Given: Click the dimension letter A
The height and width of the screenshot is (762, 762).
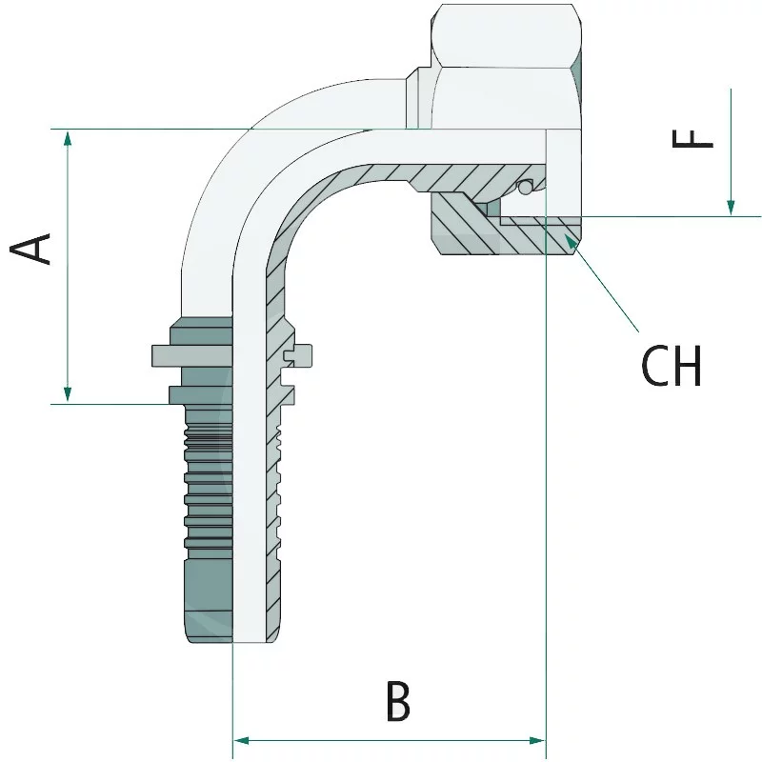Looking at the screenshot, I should click(x=31, y=249).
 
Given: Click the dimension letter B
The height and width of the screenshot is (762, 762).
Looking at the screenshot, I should click(x=399, y=702).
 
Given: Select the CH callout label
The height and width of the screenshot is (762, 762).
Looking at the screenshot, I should click(x=672, y=365).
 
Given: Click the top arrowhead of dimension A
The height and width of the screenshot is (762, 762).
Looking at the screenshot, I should click(x=67, y=137).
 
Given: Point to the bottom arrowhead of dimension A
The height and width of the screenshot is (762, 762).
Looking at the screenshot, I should click(x=67, y=394).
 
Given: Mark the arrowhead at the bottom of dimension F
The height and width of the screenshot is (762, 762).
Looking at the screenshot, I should click(x=731, y=207).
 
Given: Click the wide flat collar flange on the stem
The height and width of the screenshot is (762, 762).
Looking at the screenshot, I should click(x=190, y=354).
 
